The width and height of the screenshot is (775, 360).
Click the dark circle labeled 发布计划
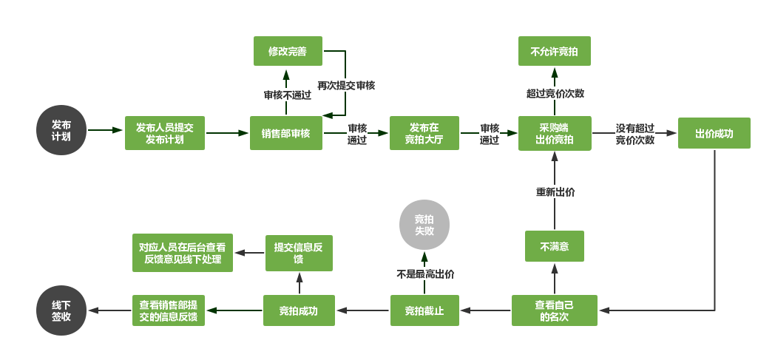click(x=61, y=130)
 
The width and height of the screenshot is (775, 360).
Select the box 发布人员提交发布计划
click(x=164, y=133)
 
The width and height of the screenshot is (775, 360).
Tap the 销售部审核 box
click(x=285, y=133)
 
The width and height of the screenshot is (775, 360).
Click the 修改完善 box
click(x=287, y=52)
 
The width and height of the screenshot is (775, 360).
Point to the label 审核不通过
click(x=287, y=95)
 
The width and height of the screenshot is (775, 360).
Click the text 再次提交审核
click(x=346, y=85)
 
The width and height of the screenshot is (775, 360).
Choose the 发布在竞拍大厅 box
click(x=424, y=133)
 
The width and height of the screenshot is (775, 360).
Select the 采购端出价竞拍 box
click(x=554, y=133)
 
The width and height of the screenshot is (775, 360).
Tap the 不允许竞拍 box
click(x=554, y=52)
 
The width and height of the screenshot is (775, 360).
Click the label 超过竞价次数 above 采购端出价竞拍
click(x=555, y=93)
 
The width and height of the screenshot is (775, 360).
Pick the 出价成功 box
click(x=714, y=133)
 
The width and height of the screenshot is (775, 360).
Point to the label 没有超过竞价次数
click(x=634, y=133)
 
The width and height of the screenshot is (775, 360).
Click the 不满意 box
click(x=554, y=246)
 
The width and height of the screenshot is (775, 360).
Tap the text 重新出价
click(x=555, y=191)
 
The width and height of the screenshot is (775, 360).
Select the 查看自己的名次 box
click(x=554, y=310)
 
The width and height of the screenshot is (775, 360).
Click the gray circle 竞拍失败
click(x=424, y=225)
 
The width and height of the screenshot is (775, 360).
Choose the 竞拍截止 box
click(x=424, y=310)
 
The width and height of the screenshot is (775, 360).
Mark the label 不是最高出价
click(x=425, y=274)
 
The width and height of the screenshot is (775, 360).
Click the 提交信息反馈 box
click(x=299, y=253)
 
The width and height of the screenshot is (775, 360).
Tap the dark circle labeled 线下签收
click(x=61, y=310)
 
